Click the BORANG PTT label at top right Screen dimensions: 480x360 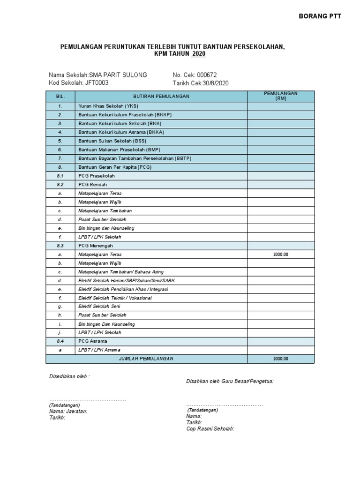[320, 16]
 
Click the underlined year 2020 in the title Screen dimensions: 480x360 [198, 54]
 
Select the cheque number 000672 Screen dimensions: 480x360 [207, 75]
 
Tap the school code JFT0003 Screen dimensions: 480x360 [97, 83]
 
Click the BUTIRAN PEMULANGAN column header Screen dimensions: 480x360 [161, 96]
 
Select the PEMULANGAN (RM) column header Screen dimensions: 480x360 [281, 96]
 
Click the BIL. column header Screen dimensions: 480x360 [60, 96]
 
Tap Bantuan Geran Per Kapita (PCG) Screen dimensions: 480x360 [115, 167]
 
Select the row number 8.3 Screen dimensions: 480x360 [60, 246]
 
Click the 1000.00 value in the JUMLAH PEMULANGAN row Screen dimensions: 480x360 [281, 359]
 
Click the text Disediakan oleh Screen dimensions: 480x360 [69, 376]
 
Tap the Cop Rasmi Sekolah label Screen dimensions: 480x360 [210, 428]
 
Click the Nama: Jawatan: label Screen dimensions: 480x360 [68, 411]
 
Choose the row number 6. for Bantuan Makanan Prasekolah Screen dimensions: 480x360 [60, 150]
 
